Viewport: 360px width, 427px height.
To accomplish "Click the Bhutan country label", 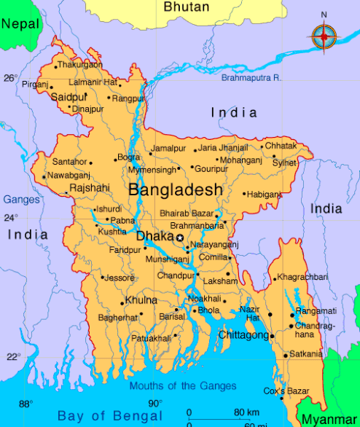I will [186, 7].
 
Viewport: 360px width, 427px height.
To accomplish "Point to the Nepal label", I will [20, 24].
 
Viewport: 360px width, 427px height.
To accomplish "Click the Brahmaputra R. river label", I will [252, 77].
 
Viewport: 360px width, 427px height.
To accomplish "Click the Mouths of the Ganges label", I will [183, 386].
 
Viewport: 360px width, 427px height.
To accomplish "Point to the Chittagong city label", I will [242, 335].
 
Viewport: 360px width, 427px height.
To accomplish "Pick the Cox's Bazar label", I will [286, 391].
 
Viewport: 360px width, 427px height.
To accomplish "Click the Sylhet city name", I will [284, 162].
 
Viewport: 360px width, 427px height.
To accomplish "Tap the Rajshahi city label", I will [88, 187].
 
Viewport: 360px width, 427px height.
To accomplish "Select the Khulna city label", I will [141, 300].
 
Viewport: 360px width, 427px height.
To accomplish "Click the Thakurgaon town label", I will [80, 65].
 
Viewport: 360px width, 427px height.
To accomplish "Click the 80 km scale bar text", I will [247, 413].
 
